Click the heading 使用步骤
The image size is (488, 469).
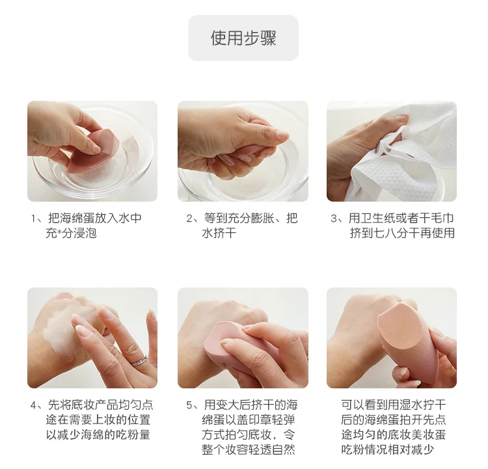[x=243, y=38]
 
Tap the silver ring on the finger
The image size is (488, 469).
[x=139, y=360]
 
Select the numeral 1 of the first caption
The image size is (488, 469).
[x=34, y=219]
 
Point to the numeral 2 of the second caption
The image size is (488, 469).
[x=189, y=219]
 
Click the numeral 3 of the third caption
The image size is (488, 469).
[x=334, y=219]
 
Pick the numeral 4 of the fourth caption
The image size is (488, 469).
[x=34, y=405]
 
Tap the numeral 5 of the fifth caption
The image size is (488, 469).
[x=189, y=405]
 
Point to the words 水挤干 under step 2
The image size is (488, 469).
[x=219, y=233]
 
